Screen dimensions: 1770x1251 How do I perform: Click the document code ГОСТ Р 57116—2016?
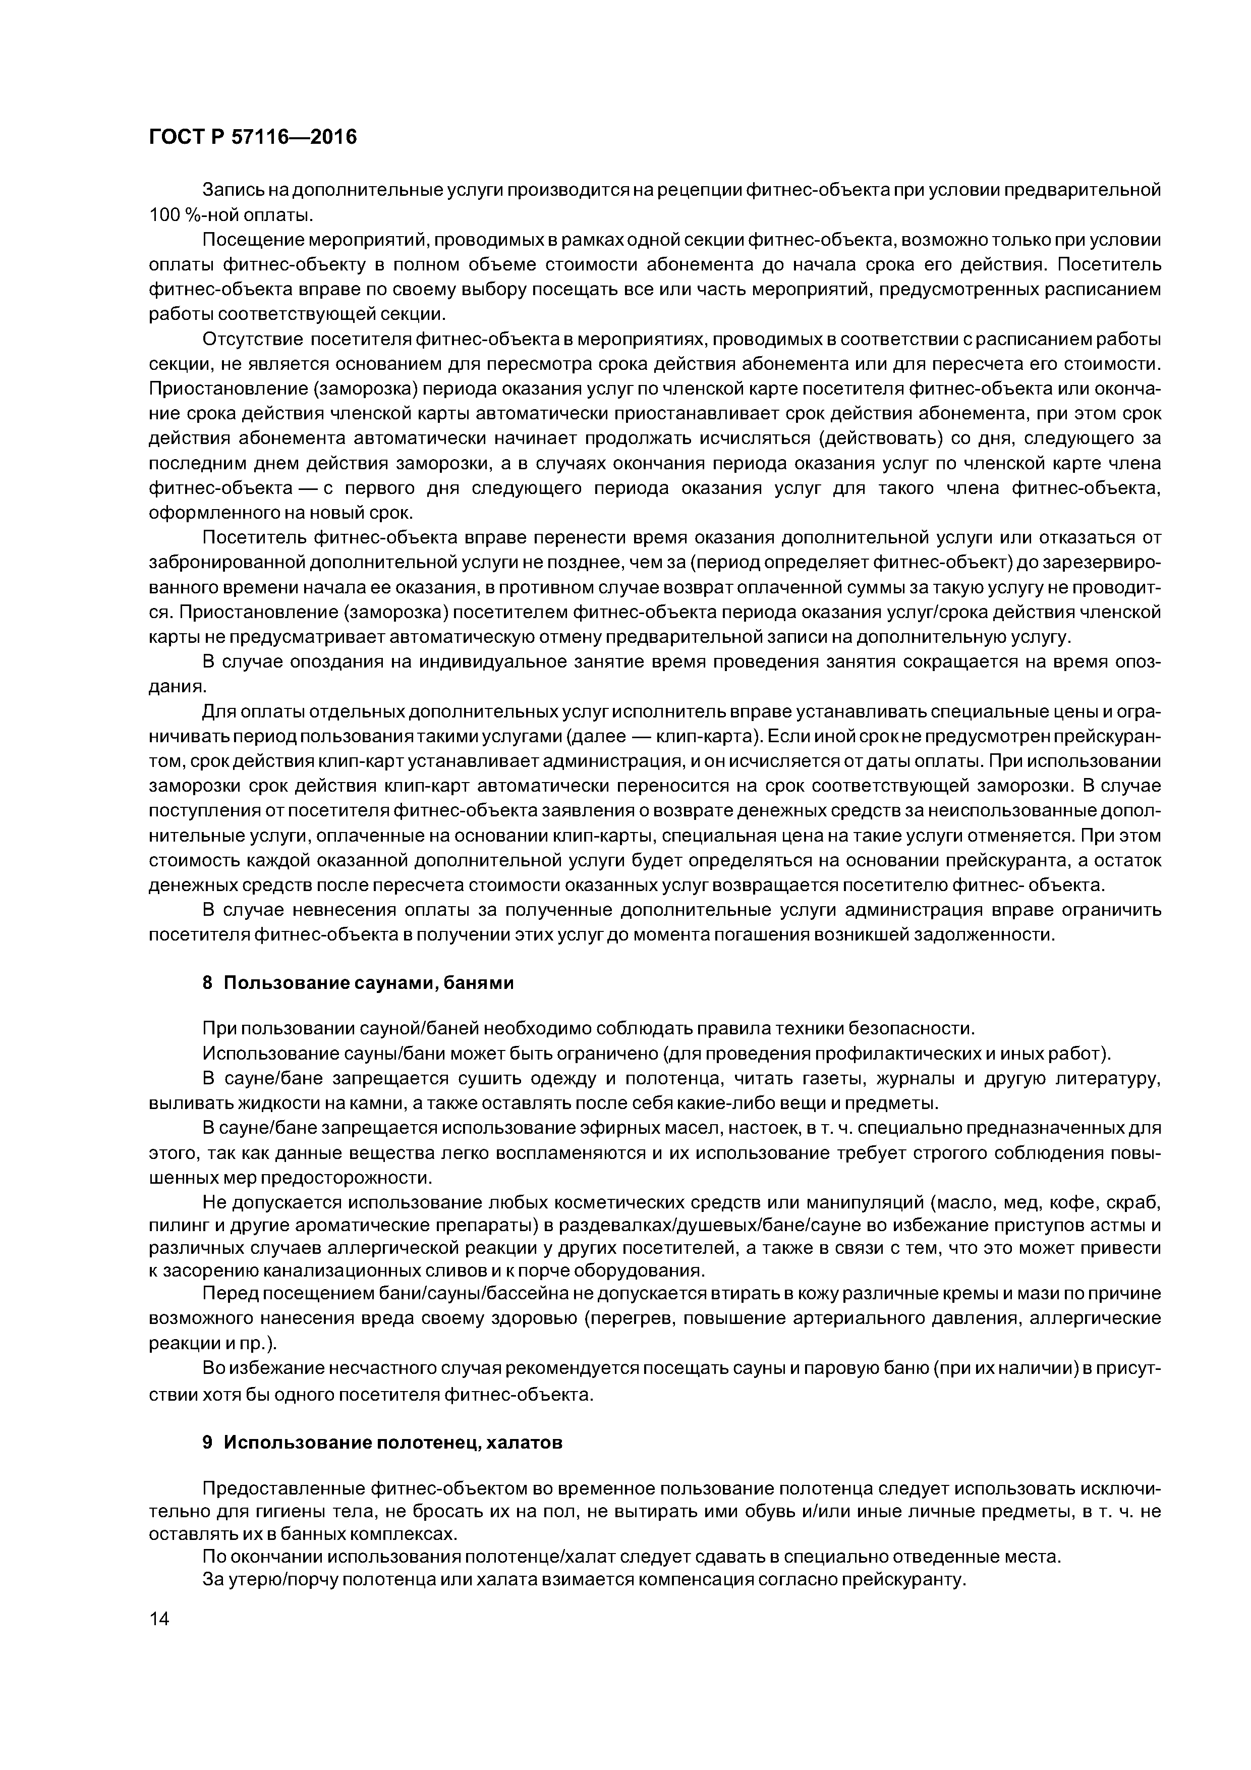(x=253, y=137)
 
